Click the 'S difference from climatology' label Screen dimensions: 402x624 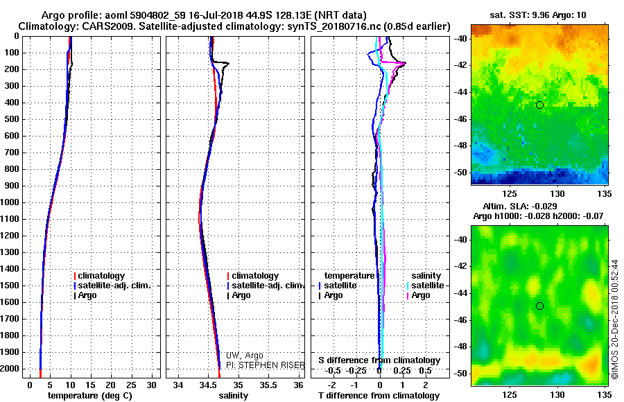coord(379,360)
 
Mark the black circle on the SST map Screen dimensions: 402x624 coord(539,105)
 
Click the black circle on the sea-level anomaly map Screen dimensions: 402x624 coord(539,306)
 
